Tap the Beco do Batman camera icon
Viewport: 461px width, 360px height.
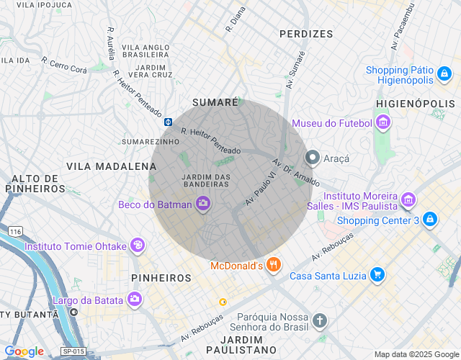point(202,204)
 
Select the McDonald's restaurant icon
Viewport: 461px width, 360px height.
point(273,266)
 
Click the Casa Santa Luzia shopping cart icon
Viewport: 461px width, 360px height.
point(377,275)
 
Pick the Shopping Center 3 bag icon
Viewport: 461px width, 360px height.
point(429,219)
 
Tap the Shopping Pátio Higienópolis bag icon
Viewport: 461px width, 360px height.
point(444,74)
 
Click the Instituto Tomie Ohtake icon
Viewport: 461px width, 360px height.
point(137,246)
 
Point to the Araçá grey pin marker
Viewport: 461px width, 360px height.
point(313,157)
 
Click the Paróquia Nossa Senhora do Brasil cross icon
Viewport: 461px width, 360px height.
point(320,320)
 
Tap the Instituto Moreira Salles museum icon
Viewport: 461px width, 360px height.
point(408,199)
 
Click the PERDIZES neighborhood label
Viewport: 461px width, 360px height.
point(306,34)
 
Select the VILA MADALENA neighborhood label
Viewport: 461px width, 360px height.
point(102,166)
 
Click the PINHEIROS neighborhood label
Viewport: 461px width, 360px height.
point(161,277)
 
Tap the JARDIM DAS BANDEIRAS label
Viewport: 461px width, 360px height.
point(206,180)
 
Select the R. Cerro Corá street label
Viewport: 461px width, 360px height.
point(64,66)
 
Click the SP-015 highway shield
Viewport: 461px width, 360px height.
point(73,351)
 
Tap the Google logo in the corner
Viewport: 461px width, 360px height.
point(24,351)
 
